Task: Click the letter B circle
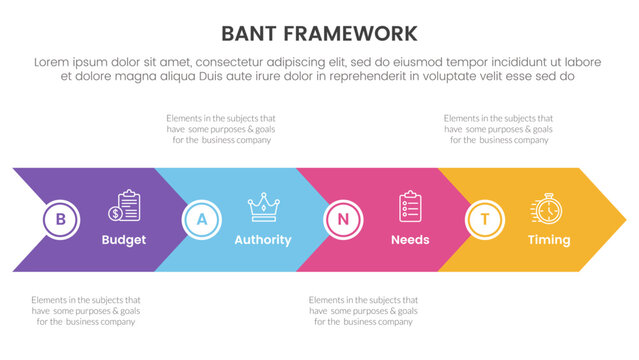tap(60, 219)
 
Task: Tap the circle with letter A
tap(202, 219)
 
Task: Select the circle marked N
tap(343, 219)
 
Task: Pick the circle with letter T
tap(485, 219)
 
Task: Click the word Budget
tap(124, 240)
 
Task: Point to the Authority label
tap(262, 240)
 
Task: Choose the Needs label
tap(410, 240)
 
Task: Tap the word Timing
tap(548, 240)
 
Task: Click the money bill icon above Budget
tap(127, 207)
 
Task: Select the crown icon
tap(263, 207)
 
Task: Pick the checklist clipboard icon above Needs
tap(410, 206)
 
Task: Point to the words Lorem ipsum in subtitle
tap(71, 61)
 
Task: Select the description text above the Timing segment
tap(496, 129)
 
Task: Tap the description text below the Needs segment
tap(360, 310)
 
